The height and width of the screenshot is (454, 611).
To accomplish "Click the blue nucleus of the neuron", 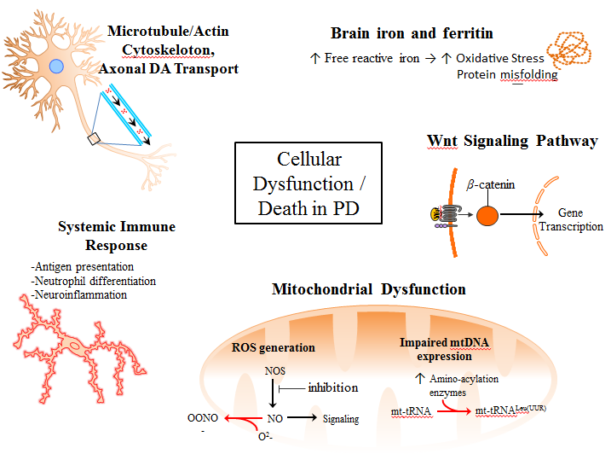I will click(56, 67).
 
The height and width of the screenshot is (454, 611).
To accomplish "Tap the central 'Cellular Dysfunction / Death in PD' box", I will click(308, 183).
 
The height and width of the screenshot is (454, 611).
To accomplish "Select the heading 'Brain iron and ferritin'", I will click(412, 33).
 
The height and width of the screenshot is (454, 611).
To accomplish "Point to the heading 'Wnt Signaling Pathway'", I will click(511, 141).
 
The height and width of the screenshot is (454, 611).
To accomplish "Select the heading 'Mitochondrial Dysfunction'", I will click(368, 289).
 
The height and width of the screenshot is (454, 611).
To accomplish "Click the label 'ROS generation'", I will click(273, 347).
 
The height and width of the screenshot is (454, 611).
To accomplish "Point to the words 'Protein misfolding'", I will click(507, 74).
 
